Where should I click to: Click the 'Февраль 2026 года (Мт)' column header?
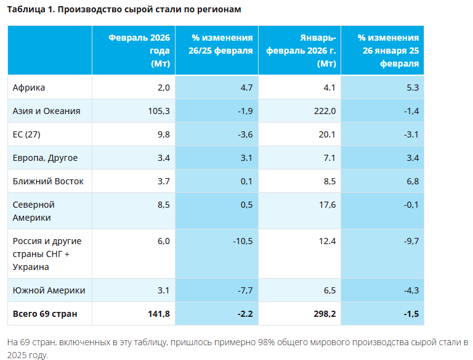[139, 50]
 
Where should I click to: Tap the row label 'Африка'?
[29, 88]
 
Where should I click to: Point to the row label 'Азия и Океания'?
[47, 111]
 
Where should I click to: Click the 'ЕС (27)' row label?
[27, 134]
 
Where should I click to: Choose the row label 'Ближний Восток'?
[48, 181]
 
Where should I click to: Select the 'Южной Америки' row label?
[49, 290]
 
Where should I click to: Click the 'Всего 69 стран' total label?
[45, 314]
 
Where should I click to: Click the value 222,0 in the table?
[325, 111]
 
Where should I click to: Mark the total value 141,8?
[159, 314]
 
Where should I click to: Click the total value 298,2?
[325, 314]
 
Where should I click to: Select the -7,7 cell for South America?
[245, 290]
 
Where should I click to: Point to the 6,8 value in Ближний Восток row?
[413, 181]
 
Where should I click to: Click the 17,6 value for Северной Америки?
[326, 205]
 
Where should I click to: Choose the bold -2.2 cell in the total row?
[246, 314]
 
